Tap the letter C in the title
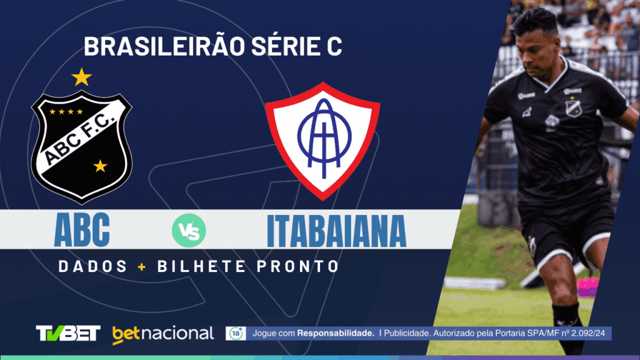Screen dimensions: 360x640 click(335, 46)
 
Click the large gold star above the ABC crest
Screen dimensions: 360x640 click(81, 77)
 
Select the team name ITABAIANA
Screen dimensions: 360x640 click(337, 231)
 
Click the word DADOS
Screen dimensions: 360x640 click(92, 266)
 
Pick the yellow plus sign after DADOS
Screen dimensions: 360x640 click(142, 266)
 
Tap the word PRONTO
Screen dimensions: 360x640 click(296, 266)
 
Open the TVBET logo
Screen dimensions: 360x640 click(68, 333)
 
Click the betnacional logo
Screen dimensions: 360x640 click(162, 334)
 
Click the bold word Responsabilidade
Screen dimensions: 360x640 click(336, 334)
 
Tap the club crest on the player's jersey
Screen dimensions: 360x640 click(573, 107)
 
